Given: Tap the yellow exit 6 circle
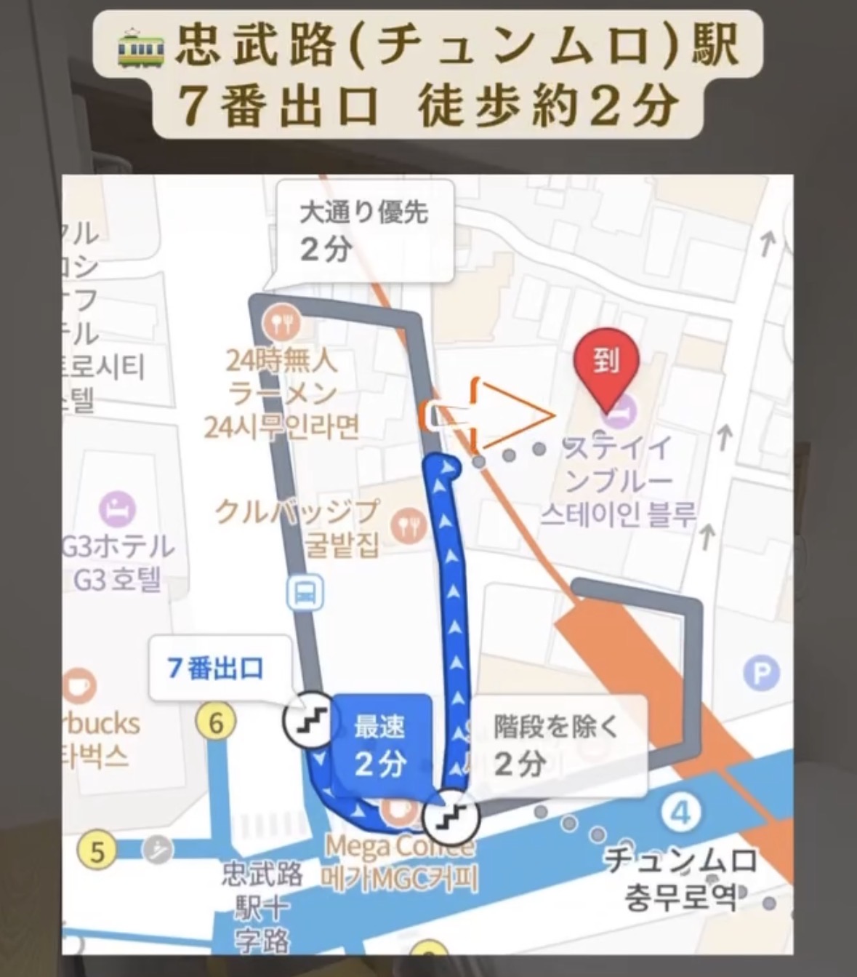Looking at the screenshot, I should [215, 723].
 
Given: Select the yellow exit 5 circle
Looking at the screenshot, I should [97, 850].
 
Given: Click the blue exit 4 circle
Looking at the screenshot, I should [680, 812].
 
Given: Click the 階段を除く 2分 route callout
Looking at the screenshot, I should [558, 745].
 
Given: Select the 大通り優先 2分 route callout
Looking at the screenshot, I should [365, 231].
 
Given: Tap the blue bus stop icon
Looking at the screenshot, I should [305, 594].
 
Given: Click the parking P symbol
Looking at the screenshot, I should [761, 674].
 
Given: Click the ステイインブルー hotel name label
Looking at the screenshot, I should [619, 481].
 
